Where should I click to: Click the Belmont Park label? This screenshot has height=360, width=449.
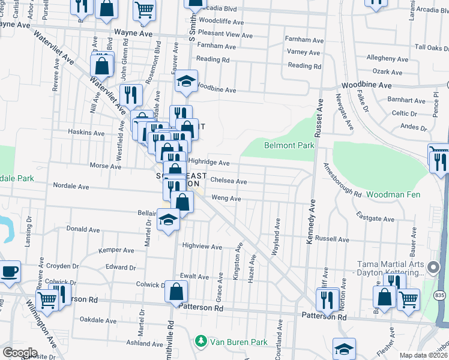pyautogui.click(x=289, y=145)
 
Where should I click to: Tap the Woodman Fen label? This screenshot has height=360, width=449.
pyautogui.click(x=393, y=194)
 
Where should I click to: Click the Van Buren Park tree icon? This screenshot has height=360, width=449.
pyautogui.click(x=200, y=341)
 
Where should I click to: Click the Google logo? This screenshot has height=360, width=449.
pyautogui.click(x=20, y=353)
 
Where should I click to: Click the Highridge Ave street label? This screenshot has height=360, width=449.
pyautogui.click(x=209, y=162)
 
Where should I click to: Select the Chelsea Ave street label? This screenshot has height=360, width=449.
pyautogui.click(x=228, y=181)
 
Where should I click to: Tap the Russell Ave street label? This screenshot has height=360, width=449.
pyautogui.click(x=332, y=238)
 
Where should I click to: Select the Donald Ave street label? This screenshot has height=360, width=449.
pyautogui.click(x=83, y=229)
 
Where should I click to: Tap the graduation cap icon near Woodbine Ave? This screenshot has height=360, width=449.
pyautogui.click(x=187, y=83)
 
